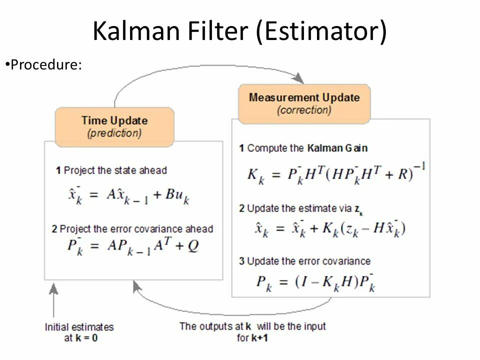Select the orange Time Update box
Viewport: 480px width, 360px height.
click(114, 126)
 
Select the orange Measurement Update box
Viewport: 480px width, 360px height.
click(304, 103)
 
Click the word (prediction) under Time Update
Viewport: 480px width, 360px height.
click(114, 133)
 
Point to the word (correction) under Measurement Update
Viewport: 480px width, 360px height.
click(304, 110)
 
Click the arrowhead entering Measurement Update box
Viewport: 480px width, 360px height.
click(298, 78)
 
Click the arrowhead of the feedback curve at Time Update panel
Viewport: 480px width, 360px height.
click(136, 286)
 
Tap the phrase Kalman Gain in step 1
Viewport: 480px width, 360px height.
click(337, 148)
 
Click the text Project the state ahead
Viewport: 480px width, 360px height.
click(115, 170)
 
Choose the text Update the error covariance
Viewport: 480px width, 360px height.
click(308, 261)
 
